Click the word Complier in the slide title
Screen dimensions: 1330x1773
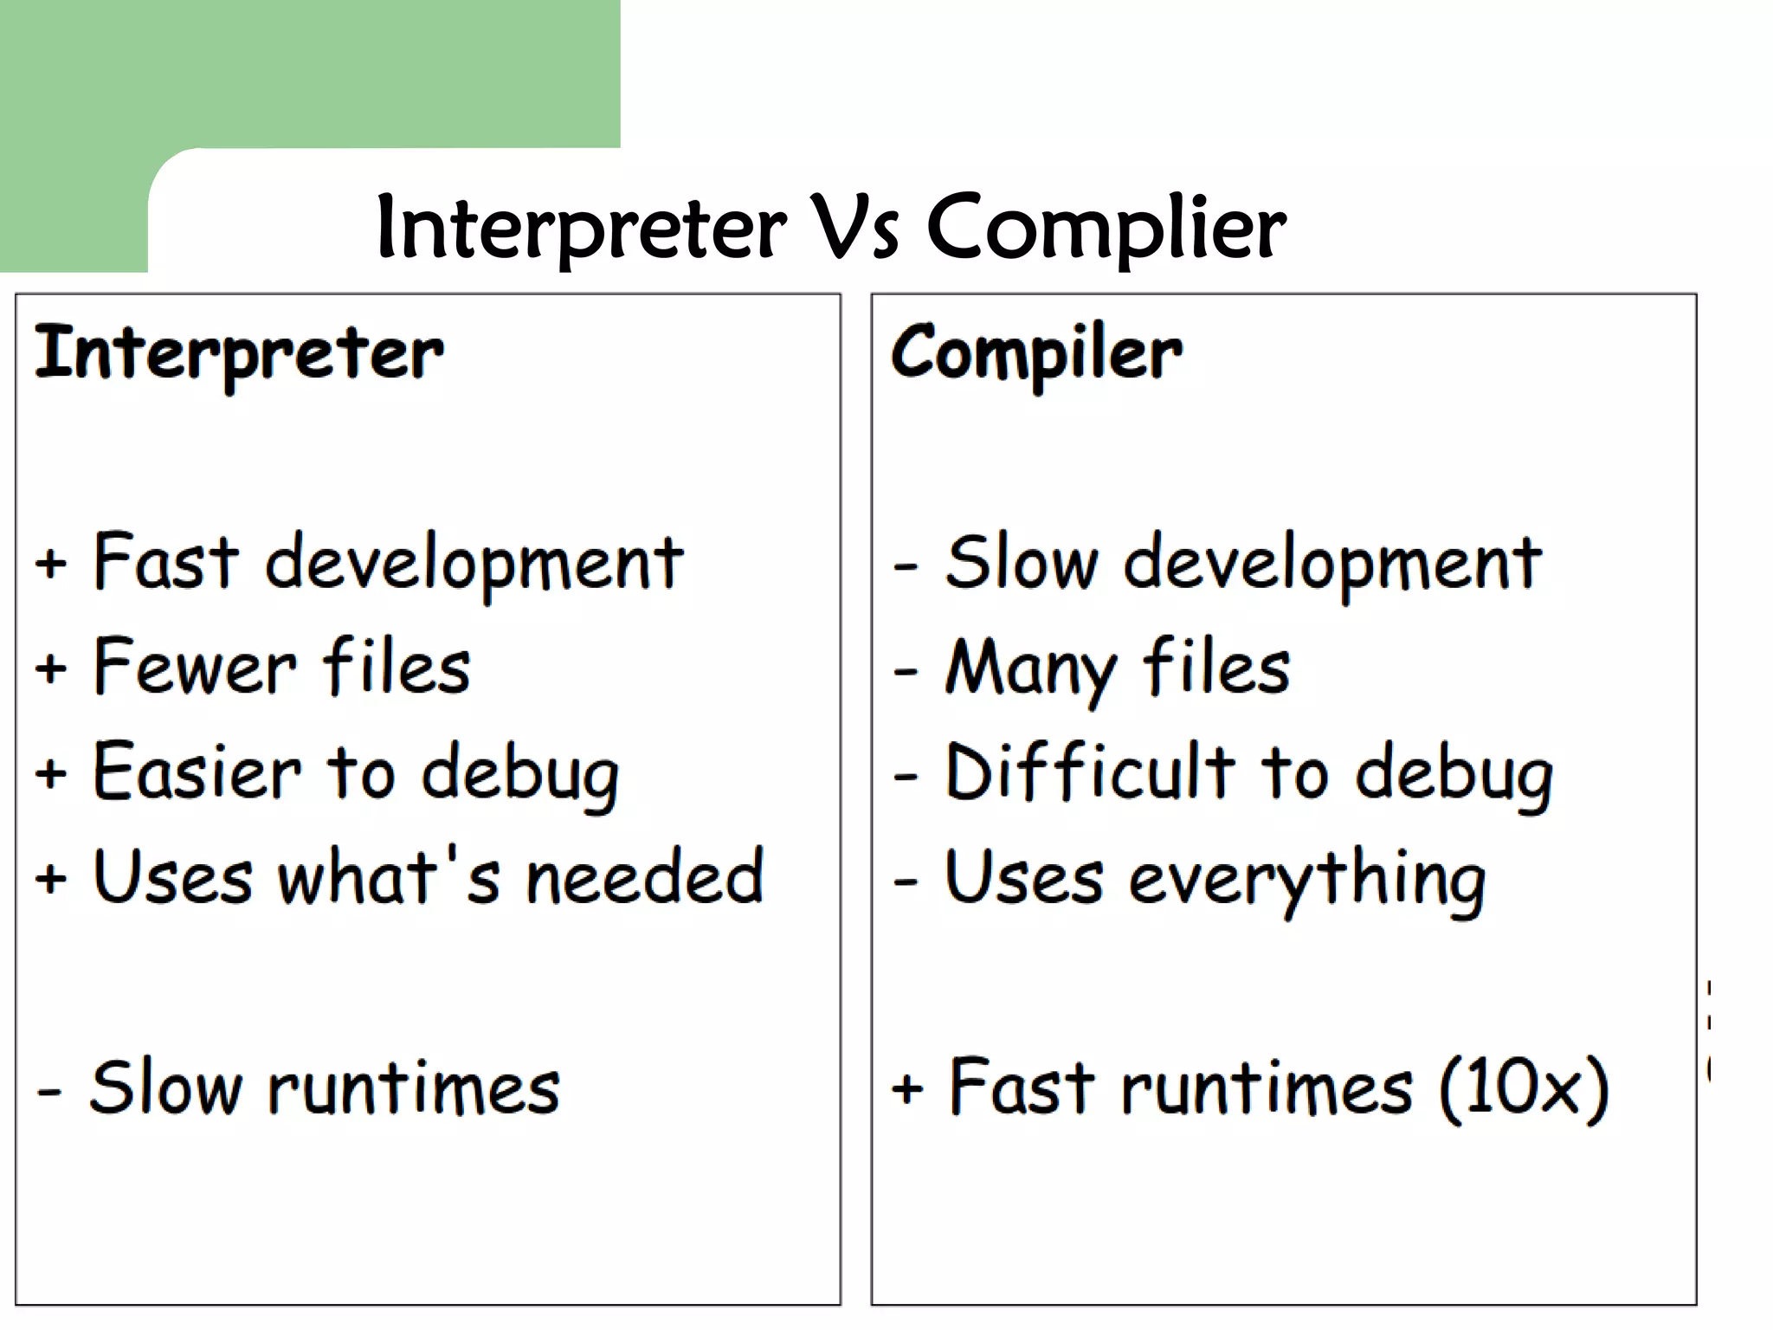[1106, 227]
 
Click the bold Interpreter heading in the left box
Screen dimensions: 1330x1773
[239, 353]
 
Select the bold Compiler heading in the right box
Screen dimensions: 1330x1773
[1036, 353]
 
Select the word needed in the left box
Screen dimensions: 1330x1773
[645, 876]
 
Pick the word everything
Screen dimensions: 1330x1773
[1307, 880]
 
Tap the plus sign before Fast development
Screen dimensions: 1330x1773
[51, 563]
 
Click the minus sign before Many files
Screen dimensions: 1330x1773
[906, 671]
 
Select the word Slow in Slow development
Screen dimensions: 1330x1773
[1022, 563]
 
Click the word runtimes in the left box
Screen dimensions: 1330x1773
[414, 1088]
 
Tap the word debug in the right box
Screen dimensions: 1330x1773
[1454, 773]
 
